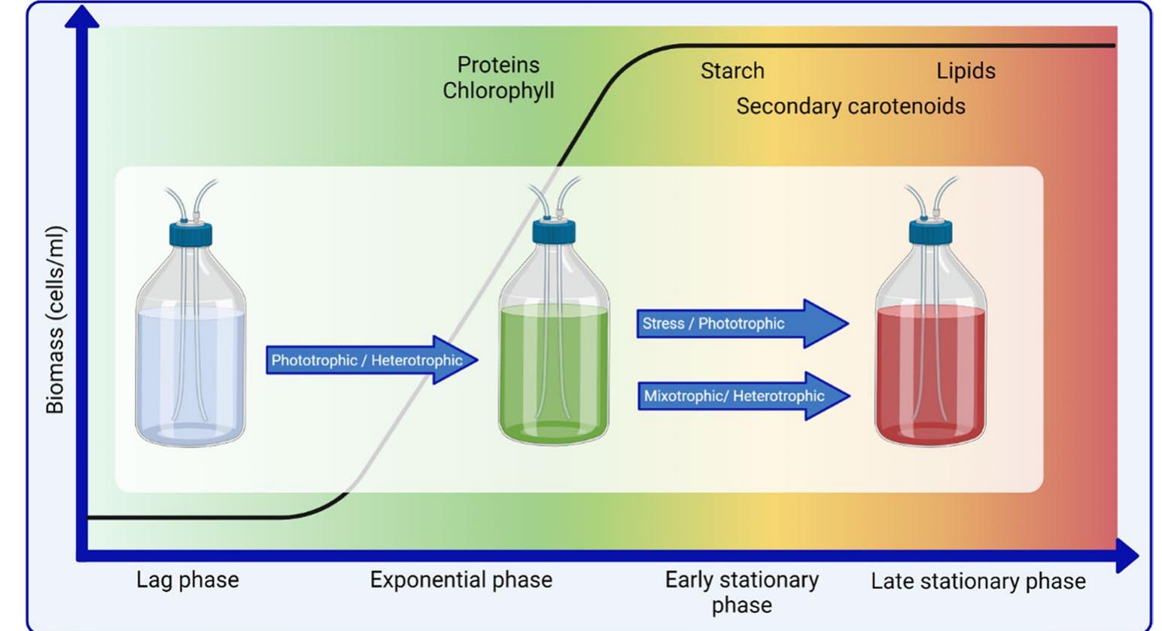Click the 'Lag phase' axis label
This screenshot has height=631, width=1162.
pos(187,580)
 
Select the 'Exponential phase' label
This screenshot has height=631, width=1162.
pos(461,580)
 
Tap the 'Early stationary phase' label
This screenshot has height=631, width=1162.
pos(741,592)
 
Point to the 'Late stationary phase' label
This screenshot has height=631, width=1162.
pos(978,581)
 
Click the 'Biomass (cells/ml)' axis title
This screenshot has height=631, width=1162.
pos(54,320)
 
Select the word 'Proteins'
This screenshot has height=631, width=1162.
pos(498,65)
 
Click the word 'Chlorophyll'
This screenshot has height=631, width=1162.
pos(498,90)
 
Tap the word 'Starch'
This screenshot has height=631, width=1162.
pos(732,71)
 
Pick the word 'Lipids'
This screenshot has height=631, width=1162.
pos(966,71)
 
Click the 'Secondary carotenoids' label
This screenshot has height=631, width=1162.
pos(850,106)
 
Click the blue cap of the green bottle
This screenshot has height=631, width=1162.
pos(554,232)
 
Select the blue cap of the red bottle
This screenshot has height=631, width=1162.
pos(930,232)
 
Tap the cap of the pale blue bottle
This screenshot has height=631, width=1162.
pos(190,233)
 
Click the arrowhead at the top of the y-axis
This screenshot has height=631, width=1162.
pos(82,17)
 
